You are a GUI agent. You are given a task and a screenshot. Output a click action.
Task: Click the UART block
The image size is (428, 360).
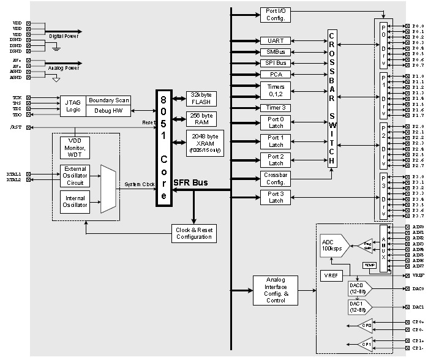(272, 40)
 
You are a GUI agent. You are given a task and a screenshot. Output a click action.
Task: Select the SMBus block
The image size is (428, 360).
(272, 52)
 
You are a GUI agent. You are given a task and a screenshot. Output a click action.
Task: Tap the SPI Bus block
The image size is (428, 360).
(272, 64)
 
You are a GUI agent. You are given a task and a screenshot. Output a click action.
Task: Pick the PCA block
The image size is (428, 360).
(272, 75)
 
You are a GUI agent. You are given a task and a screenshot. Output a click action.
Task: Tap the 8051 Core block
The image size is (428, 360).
(163, 148)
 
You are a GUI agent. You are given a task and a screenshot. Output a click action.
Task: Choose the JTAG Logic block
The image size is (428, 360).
(72, 105)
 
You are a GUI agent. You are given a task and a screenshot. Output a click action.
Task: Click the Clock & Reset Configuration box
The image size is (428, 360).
(193, 233)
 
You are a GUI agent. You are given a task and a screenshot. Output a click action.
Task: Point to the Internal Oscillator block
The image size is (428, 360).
(75, 200)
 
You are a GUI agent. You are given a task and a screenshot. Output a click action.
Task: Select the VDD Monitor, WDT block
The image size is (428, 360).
(75, 147)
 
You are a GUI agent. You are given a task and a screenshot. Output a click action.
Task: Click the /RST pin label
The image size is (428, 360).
(15, 127)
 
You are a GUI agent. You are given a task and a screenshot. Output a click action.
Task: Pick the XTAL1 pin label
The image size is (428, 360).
(13, 174)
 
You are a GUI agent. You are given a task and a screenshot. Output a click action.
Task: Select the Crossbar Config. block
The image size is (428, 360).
(276, 178)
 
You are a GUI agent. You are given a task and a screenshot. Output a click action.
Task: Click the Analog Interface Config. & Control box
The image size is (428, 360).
(275, 290)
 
